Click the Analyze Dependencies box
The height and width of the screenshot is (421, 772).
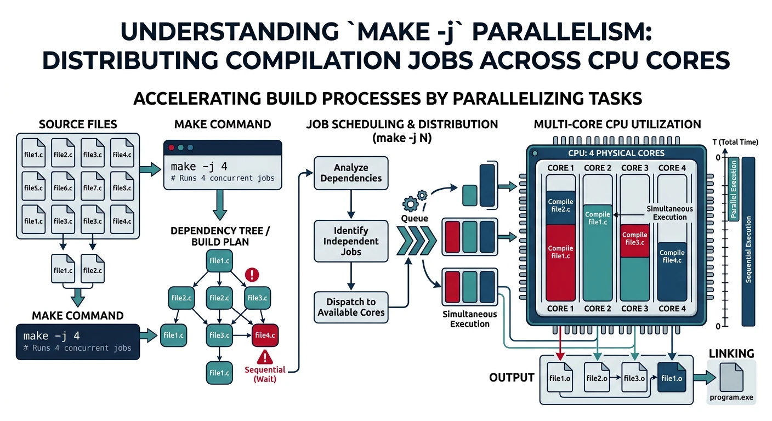351,173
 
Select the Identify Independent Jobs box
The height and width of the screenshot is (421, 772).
351,241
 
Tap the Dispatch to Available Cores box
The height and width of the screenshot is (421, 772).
351,308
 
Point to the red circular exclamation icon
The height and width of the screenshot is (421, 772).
252,275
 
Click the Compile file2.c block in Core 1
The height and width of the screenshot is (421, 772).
560,206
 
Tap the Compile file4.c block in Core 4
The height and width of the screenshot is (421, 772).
672,257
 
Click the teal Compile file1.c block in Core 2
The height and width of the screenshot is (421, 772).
597,218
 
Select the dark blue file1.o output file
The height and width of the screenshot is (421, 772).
672,378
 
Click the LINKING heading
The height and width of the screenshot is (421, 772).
731,354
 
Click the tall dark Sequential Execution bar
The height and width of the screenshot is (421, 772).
748,241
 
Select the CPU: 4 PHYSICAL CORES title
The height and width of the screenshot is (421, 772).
616,153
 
